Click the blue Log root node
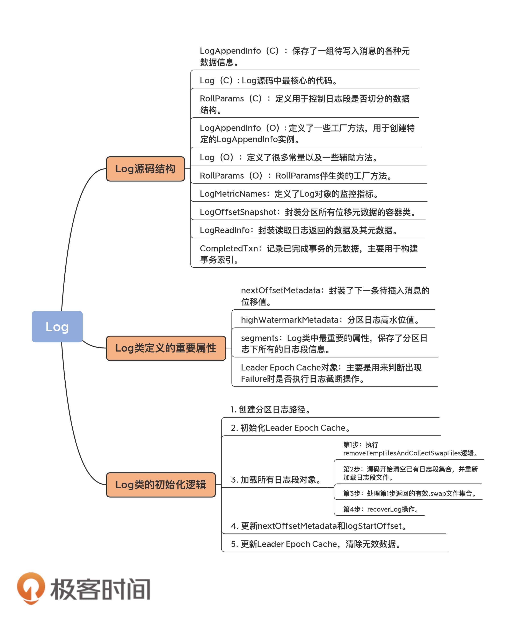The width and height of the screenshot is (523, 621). point(57,326)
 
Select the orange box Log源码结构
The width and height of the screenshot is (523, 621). point(145,169)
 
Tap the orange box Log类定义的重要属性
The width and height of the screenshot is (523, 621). point(166,348)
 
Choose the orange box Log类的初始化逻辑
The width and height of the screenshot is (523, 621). point(161,485)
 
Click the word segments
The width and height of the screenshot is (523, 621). point(259,338)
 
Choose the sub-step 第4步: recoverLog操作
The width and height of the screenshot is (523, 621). point(381,509)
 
